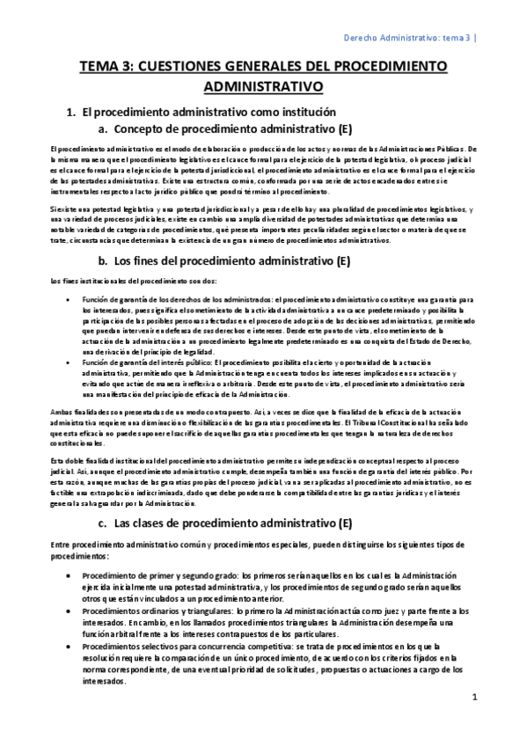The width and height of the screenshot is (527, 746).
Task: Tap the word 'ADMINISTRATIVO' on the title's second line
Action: coord(263,86)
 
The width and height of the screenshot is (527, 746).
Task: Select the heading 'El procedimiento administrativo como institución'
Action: coord(203,113)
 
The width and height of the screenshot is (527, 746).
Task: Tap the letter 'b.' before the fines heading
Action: coord(103,260)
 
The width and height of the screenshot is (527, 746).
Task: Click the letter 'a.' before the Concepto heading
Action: coord(103,128)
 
